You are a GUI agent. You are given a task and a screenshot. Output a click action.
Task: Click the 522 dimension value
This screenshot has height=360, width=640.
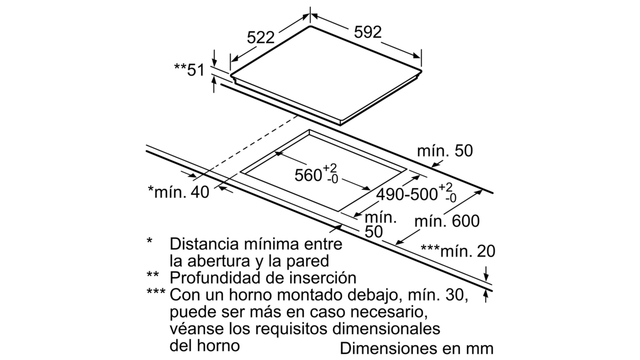click(x=260, y=38)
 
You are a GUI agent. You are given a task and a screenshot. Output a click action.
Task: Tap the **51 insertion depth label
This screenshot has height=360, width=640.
click(x=190, y=70)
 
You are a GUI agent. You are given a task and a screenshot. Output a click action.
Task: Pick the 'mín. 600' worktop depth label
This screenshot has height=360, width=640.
click(x=447, y=222)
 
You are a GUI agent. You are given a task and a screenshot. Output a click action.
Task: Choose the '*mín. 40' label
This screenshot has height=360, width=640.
click(x=178, y=192)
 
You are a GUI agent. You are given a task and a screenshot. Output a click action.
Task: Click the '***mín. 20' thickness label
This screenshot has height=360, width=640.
click(x=458, y=251)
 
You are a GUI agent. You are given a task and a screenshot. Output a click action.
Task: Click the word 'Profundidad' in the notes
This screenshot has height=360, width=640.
click(x=215, y=278)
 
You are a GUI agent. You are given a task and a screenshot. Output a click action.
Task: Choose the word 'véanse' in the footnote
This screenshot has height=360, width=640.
click(x=197, y=329)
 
